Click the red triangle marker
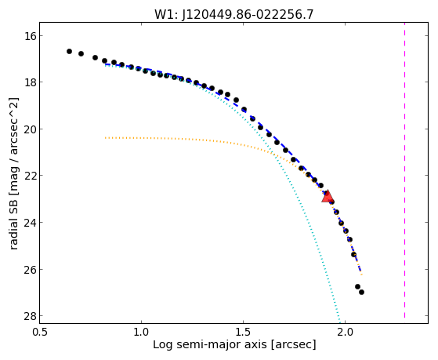click(328, 196)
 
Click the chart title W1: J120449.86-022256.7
click(234, 15)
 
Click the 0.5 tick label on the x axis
click(40, 332)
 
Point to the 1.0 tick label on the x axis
click(141, 332)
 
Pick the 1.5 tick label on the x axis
click(244, 332)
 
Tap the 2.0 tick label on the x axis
click(346, 332)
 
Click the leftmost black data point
click(69, 51)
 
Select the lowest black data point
click(361, 292)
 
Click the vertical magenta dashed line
click(404, 173)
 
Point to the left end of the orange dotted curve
click(105, 137)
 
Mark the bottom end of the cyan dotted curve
click(340, 322)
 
